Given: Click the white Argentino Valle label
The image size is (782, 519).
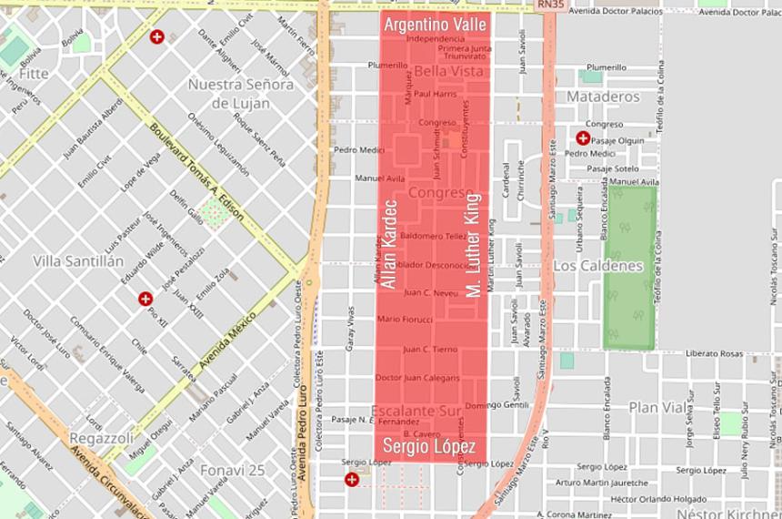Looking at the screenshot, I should tap(435, 25).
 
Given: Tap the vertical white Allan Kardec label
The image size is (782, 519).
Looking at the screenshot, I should tap(389, 244).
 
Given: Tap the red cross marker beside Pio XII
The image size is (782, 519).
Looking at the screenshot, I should tap(145, 298).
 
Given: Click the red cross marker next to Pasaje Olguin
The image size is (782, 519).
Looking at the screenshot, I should tap(582, 138).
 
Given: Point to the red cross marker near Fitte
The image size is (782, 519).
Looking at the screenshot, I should tap(157, 37).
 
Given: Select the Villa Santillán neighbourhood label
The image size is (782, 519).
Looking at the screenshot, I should tap(78, 260).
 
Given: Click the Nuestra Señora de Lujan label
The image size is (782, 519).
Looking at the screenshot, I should tap(241, 94).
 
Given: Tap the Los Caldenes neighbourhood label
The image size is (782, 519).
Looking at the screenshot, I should tap(597, 266).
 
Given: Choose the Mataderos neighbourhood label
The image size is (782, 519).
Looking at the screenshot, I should tap(603, 96).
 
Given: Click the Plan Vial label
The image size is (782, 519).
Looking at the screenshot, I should tap(657, 407).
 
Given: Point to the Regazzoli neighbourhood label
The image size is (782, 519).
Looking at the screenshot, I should tap(102, 439).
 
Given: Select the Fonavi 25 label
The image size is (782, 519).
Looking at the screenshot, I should tap(234, 470).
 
